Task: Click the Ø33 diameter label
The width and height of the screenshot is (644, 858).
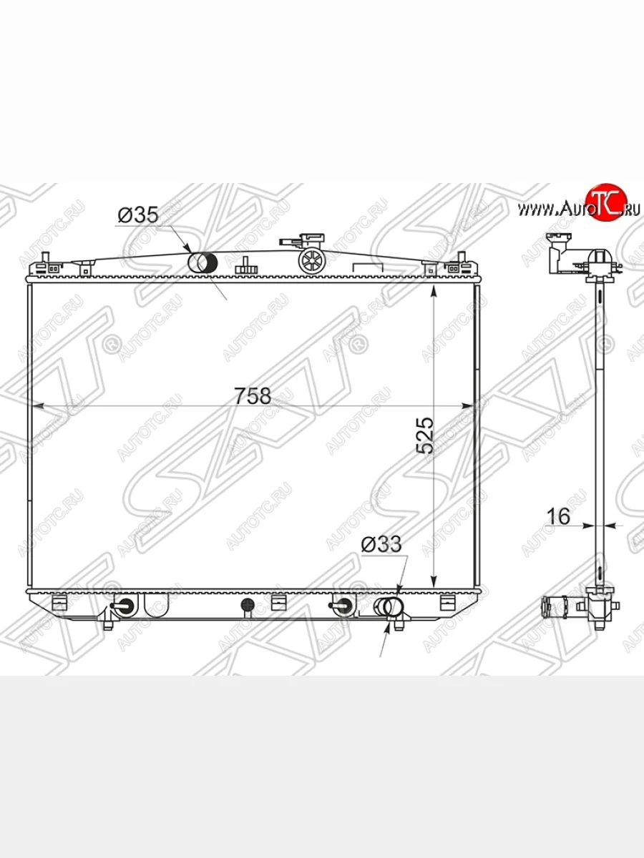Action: [x=381, y=544]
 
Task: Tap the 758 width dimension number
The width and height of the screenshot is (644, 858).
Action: [x=253, y=395]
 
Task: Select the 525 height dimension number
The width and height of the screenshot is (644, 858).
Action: [x=425, y=435]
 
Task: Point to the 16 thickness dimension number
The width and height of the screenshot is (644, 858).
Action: [x=558, y=516]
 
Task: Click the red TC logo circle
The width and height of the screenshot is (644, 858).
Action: [x=607, y=202]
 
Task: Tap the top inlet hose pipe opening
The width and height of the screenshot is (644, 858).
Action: [x=203, y=262]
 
